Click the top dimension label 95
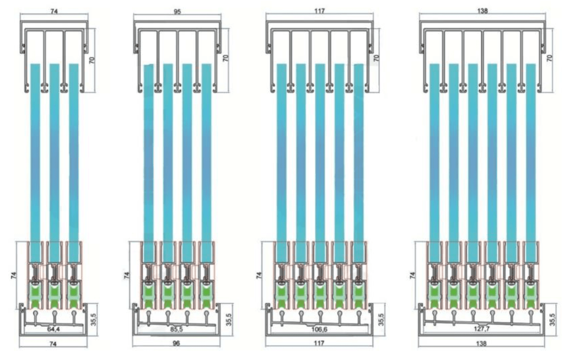pyautogui.click(x=177, y=12)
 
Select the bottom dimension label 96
pyautogui.click(x=177, y=343)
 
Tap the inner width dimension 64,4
pyautogui.click(x=53, y=329)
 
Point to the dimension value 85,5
pyautogui.click(x=177, y=329)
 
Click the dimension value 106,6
pyautogui.click(x=319, y=329)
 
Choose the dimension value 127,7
pyautogui.click(x=481, y=329)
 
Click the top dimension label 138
pyautogui.click(x=482, y=11)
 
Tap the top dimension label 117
pyautogui.click(x=319, y=11)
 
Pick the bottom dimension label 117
pyautogui.click(x=319, y=343)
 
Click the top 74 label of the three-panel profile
pyautogui.click(x=54, y=12)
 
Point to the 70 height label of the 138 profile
pyautogui.click(x=550, y=58)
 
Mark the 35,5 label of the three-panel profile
pyautogui.click(x=93, y=319)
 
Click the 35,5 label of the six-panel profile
pyautogui.click(x=552, y=319)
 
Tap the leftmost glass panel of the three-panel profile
pyautogui.click(x=35, y=163)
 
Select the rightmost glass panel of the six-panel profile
pyautogui.click(x=531, y=163)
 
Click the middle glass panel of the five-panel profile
pyautogui.click(x=320, y=163)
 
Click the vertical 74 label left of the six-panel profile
pyautogui.click(x=412, y=275)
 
